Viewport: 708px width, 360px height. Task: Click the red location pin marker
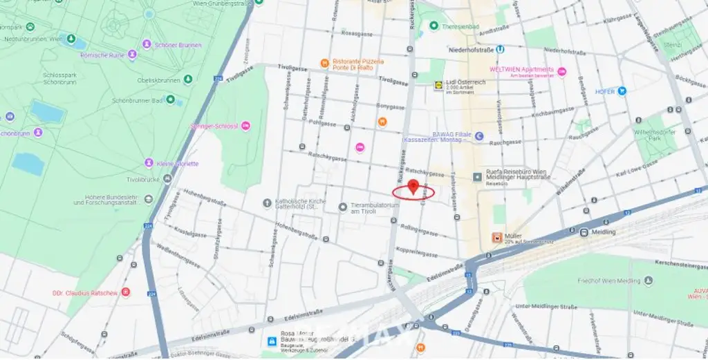tap(413, 187)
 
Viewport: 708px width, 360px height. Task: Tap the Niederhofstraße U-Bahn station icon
tap(500, 49)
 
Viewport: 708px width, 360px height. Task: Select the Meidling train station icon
tap(584, 232)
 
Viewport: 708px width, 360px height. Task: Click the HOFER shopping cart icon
tap(622, 91)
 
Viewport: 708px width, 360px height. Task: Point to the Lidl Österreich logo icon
tap(437, 85)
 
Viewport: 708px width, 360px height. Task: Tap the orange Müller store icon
tap(496, 238)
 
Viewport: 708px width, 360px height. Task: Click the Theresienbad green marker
tap(434, 26)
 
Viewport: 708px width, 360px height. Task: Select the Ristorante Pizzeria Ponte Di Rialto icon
tap(324, 64)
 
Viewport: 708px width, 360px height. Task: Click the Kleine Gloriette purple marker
tap(149, 163)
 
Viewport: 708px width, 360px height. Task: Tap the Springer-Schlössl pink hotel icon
tap(245, 126)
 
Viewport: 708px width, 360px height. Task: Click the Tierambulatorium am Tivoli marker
tap(342, 207)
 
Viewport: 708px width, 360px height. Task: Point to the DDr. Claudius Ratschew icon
tap(125, 292)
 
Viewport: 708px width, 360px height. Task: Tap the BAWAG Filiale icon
tap(479, 136)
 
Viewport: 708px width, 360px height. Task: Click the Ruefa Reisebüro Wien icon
tap(478, 178)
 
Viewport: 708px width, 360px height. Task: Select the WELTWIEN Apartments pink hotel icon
tap(561, 72)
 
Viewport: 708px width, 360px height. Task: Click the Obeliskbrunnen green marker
tap(188, 80)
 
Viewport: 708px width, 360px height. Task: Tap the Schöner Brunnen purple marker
tap(147, 45)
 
